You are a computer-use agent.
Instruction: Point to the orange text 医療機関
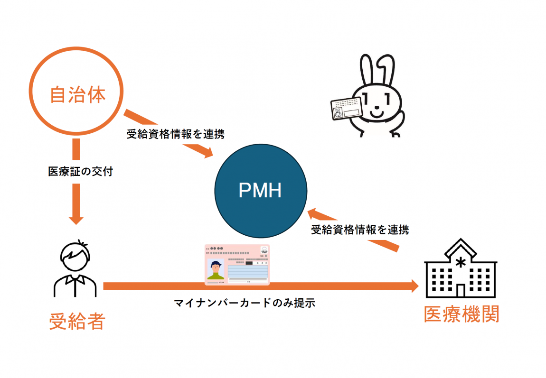click(x=461, y=314)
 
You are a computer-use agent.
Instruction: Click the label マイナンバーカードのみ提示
click(x=245, y=303)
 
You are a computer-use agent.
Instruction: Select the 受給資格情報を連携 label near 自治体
click(x=175, y=134)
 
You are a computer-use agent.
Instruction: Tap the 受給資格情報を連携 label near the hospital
click(x=360, y=230)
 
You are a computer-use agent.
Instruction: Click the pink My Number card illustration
click(x=237, y=265)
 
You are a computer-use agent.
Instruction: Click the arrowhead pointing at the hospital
click(x=414, y=286)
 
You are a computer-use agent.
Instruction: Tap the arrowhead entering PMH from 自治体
click(x=208, y=153)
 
